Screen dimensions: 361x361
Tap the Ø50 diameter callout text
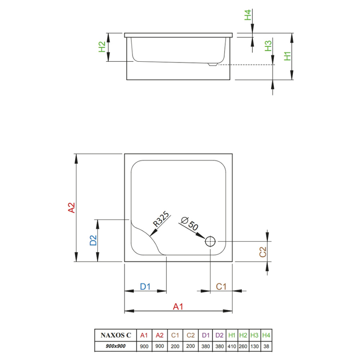pos(190,223)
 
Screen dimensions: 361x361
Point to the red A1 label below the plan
pos(178,307)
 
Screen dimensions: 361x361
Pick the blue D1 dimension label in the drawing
pos(145,286)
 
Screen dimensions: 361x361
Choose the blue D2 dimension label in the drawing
pos(93,240)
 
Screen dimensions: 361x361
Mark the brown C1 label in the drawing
pos(221,286)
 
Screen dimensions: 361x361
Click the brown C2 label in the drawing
pos(263,251)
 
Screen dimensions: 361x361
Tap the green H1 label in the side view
pos(287,56)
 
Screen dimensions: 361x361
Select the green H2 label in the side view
pos(102,47)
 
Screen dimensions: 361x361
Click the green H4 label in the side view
pos(248,16)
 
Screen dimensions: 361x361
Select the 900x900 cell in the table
pos(116,346)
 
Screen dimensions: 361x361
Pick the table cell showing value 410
pos(231,346)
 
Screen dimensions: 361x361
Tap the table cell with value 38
pos(266,346)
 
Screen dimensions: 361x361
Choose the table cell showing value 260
pos(243,346)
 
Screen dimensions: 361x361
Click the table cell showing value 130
pos(255,346)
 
